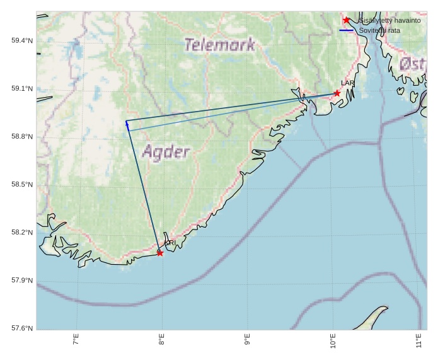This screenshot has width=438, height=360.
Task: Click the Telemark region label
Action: (220, 45)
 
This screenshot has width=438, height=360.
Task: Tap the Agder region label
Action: (166, 152)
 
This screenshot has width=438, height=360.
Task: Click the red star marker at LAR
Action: (337, 93)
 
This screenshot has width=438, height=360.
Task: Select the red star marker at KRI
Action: (160, 253)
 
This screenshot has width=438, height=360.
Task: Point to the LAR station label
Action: (348, 83)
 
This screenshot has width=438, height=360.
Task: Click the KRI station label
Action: (170, 243)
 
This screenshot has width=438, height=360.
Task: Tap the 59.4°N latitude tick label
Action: (22, 41)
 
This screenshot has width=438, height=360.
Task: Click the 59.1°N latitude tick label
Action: (22, 89)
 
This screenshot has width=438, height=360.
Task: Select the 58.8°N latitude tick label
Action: (22, 137)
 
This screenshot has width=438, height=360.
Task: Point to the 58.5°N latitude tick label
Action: (22, 185)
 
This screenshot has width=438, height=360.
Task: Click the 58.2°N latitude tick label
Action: (22, 233)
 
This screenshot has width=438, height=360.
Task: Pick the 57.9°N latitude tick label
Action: (22, 281)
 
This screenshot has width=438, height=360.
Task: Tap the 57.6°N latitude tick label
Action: (22, 328)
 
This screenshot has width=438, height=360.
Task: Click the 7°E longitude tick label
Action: (76, 340)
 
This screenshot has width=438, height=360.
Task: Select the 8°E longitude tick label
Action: (162, 340)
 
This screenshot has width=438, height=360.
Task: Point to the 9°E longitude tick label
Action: (248, 340)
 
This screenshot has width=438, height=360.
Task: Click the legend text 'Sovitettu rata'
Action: (379, 30)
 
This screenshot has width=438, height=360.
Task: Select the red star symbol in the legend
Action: (346, 20)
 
